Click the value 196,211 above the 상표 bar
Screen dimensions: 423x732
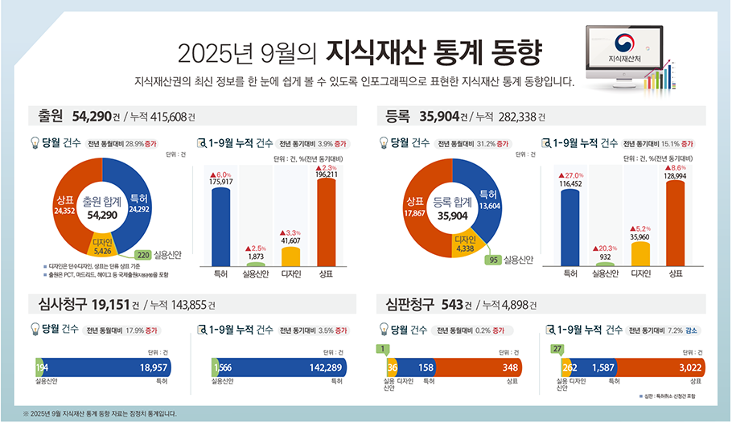point(327,174)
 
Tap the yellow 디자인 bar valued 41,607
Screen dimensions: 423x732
point(290,257)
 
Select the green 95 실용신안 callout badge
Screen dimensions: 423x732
point(496,260)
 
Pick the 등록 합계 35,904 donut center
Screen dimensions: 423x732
point(453,210)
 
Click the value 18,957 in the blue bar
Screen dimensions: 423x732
point(154,367)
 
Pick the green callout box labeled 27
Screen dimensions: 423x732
point(557,348)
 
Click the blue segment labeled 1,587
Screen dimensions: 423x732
point(603,367)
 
